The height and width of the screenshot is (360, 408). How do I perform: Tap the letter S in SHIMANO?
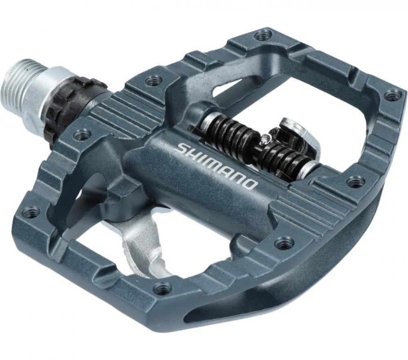click(181, 148)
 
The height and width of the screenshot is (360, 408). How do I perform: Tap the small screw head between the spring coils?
click(266, 138)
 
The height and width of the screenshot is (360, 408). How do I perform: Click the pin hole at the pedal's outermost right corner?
click(392, 96)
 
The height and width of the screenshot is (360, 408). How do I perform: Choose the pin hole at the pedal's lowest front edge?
click(162, 289)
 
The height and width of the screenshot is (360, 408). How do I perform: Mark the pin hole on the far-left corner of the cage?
click(31, 212)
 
